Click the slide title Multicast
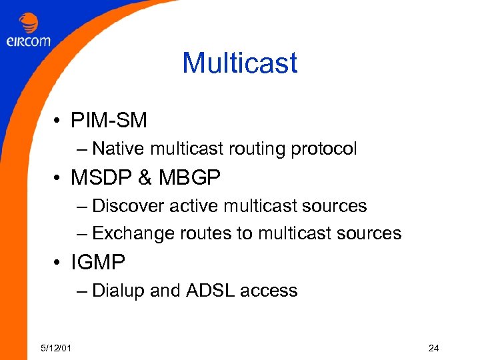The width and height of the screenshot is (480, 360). (239, 63)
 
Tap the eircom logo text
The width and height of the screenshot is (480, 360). (28, 41)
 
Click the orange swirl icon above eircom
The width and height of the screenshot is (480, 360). (29, 23)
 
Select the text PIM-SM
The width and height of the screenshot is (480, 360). (109, 121)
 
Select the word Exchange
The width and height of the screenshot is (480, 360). (133, 233)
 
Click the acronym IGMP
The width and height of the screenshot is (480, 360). (98, 263)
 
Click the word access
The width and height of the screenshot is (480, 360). (269, 291)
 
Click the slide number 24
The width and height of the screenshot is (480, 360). (433, 347)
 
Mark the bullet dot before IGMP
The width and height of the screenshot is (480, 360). (59, 263)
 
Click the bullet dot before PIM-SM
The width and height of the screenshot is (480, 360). (59, 121)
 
